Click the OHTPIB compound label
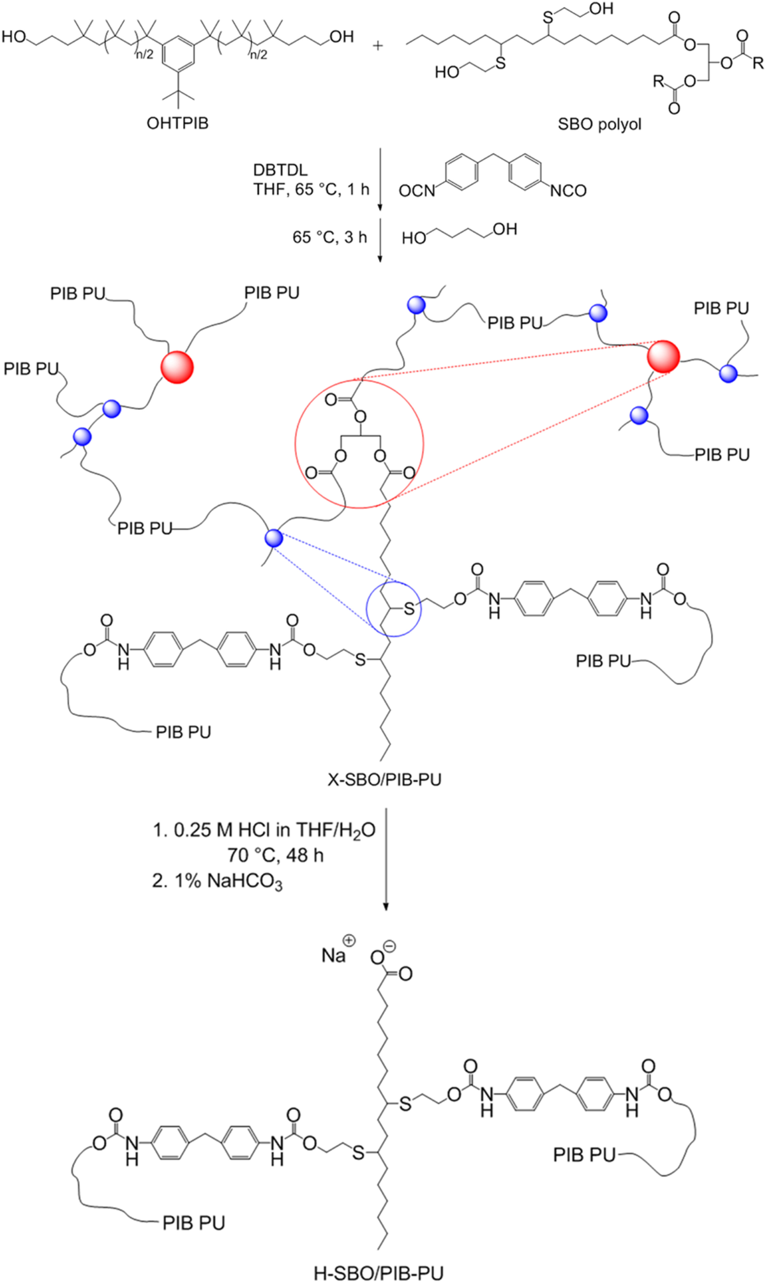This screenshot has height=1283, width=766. click(177, 123)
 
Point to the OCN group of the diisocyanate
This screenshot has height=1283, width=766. click(416, 191)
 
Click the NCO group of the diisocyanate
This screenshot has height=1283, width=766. click(568, 191)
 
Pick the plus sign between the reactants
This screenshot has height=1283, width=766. click(379, 46)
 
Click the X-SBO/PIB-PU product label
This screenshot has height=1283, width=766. click(384, 779)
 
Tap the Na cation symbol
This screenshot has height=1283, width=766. click(334, 956)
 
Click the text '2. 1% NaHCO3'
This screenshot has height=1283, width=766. click(217, 882)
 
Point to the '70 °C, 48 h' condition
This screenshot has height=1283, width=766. click(275, 855)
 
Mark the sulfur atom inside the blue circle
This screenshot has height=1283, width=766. click(409, 609)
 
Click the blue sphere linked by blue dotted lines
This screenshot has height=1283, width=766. click(273, 538)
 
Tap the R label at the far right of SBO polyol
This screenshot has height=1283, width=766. click(757, 63)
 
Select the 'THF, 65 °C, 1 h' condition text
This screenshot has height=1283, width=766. click(311, 189)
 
